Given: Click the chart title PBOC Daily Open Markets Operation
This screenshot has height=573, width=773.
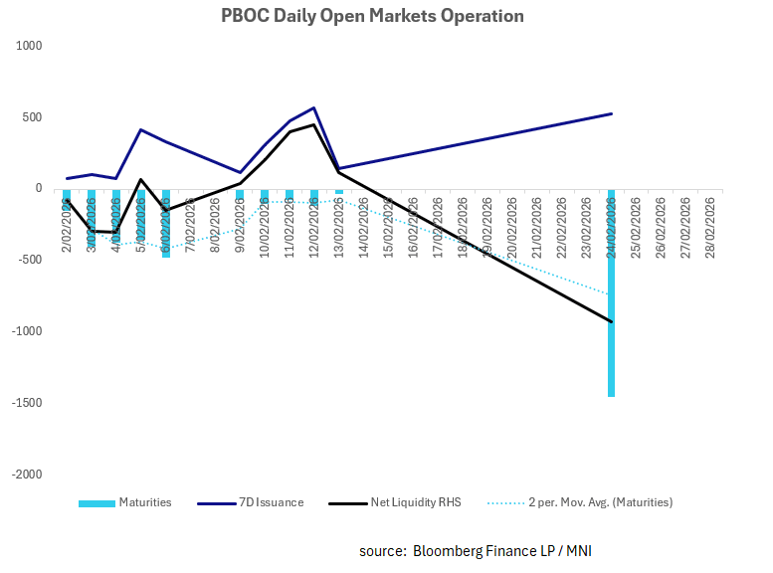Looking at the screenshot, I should (371, 16).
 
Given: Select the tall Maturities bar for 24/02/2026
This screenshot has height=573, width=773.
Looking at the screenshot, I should (611, 298).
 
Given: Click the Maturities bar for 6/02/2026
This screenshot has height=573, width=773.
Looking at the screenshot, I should (166, 224).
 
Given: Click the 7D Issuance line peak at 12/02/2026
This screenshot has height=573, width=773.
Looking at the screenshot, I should (314, 107).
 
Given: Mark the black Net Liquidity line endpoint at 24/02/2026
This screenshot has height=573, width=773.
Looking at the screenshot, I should (611, 321).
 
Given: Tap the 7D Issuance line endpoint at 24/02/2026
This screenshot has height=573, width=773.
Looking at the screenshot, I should (611, 113).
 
